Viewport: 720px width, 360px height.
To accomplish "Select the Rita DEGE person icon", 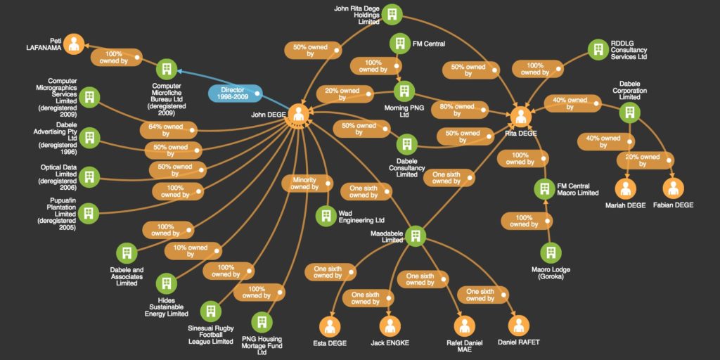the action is (x=521, y=116).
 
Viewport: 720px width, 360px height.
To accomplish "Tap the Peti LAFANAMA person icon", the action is (x=74, y=44).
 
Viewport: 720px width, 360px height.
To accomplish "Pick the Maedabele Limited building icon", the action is (x=416, y=236).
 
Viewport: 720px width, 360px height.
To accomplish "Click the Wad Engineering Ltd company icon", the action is (x=326, y=216).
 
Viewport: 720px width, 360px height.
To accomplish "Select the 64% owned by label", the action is (x=169, y=130).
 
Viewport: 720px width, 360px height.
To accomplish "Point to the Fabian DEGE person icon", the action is (x=673, y=188).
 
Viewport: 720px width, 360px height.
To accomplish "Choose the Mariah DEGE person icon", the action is (x=625, y=188).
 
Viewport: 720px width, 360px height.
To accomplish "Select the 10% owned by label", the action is (x=193, y=251).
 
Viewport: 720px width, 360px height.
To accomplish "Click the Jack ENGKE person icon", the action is (x=390, y=327).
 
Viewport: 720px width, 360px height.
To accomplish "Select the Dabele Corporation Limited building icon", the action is (x=629, y=112).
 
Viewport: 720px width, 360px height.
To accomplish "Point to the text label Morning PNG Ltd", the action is (x=398, y=111).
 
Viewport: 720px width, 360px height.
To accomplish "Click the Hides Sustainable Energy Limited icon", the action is (x=166, y=284).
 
